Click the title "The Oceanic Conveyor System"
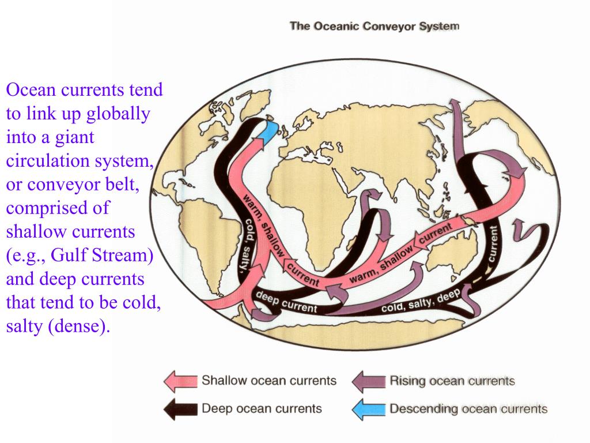pyautogui.click(x=374, y=26)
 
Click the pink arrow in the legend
pyautogui.click(x=180, y=381)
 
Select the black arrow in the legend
pyautogui.click(x=180, y=409)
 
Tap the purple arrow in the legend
pyautogui.click(x=369, y=381)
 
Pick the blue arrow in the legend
pyautogui.click(x=369, y=409)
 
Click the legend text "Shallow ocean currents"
pyautogui.click(x=268, y=381)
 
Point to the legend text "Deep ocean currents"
pyautogui.click(x=261, y=409)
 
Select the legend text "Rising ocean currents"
pyautogui.click(x=452, y=381)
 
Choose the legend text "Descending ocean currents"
pyautogui.click(x=468, y=409)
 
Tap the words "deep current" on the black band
pyautogui.click(x=286, y=303)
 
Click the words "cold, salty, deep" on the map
pyautogui.click(x=421, y=302)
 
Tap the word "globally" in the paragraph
pyautogui.click(x=118, y=114)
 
